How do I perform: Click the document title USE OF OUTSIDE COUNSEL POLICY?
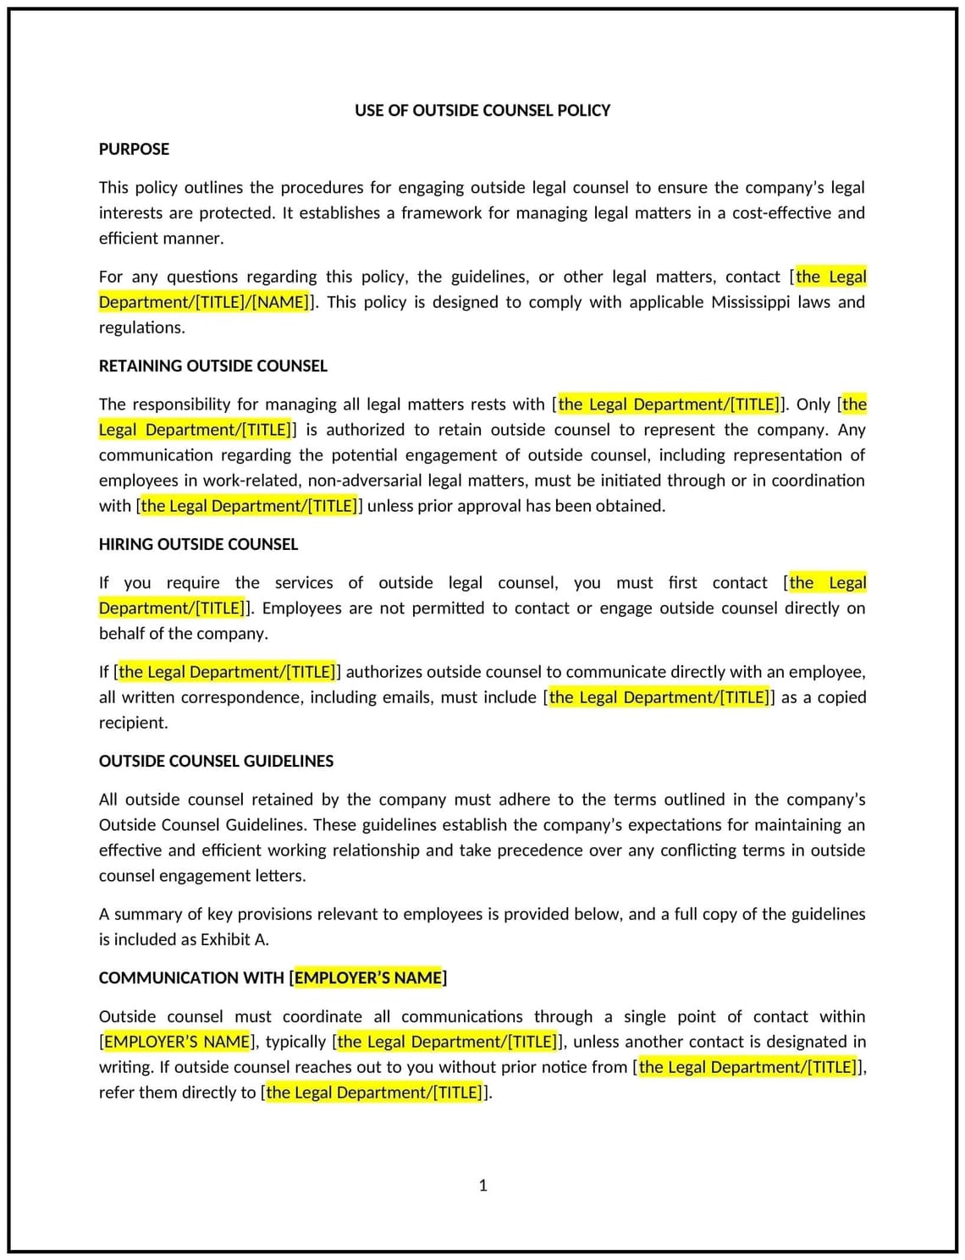pos(482,110)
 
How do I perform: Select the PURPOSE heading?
pos(134,149)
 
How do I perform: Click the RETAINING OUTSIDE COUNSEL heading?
pos(212,366)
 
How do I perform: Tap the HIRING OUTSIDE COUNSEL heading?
pos(198,544)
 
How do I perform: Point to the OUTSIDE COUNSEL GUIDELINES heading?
pos(216,761)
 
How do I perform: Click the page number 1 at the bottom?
pos(482,1185)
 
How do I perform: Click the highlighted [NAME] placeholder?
pos(281,302)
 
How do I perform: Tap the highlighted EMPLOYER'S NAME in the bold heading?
pos(368,978)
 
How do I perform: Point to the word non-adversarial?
pos(363,481)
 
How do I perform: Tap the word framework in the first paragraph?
pos(441,213)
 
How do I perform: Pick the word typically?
pos(295,1042)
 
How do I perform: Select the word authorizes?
pos(383,672)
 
